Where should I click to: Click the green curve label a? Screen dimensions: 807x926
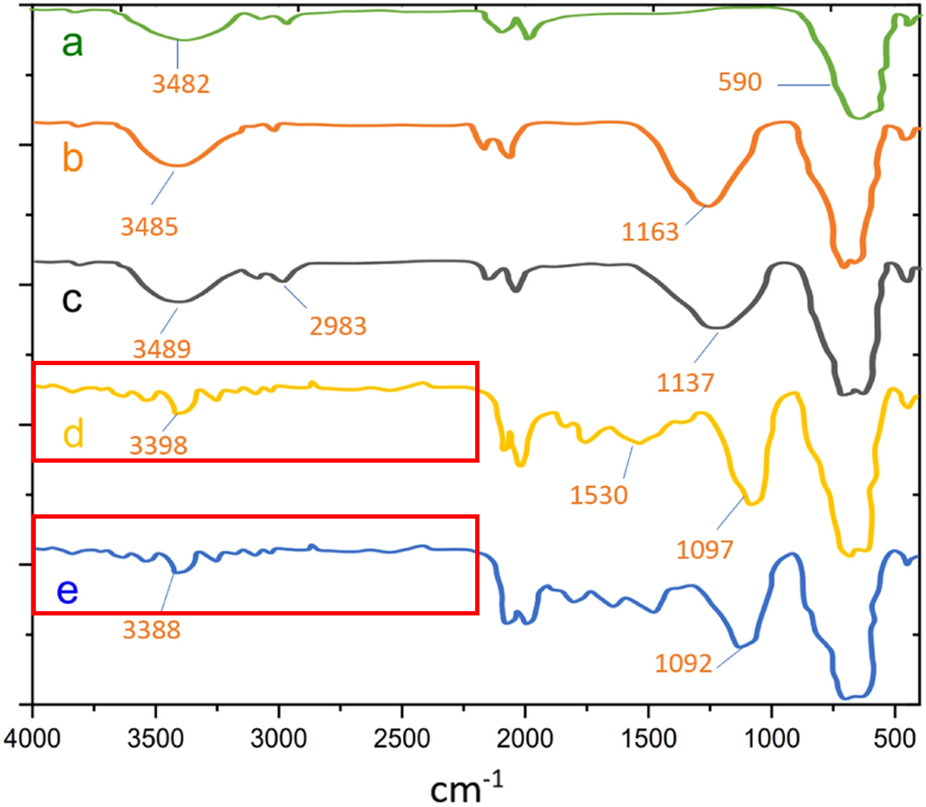tap(72, 43)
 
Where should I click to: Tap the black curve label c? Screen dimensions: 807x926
tap(72, 298)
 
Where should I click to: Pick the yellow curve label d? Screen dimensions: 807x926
tap(74, 433)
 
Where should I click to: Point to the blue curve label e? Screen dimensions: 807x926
tap(67, 591)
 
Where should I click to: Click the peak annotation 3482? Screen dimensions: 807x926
tap(181, 84)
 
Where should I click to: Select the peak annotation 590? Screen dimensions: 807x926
tap(740, 82)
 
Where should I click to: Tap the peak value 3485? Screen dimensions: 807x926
tap(149, 227)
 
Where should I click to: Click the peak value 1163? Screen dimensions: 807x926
tap(649, 232)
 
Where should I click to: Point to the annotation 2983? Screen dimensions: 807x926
tap(338, 326)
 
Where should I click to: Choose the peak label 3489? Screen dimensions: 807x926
tap(162, 349)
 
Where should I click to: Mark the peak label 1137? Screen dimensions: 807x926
tap(685, 383)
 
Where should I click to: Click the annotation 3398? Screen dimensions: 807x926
tap(158, 445)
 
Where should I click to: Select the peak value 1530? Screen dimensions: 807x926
tap(598, 495)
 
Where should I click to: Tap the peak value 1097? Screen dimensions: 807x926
tap(705, 550)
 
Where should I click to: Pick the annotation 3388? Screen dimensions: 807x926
tap(151, 631)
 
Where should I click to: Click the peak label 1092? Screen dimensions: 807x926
tap(683, 664)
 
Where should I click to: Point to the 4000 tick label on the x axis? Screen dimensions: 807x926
tap(32, 739)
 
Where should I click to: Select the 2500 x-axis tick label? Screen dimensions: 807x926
tap(402, 739)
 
